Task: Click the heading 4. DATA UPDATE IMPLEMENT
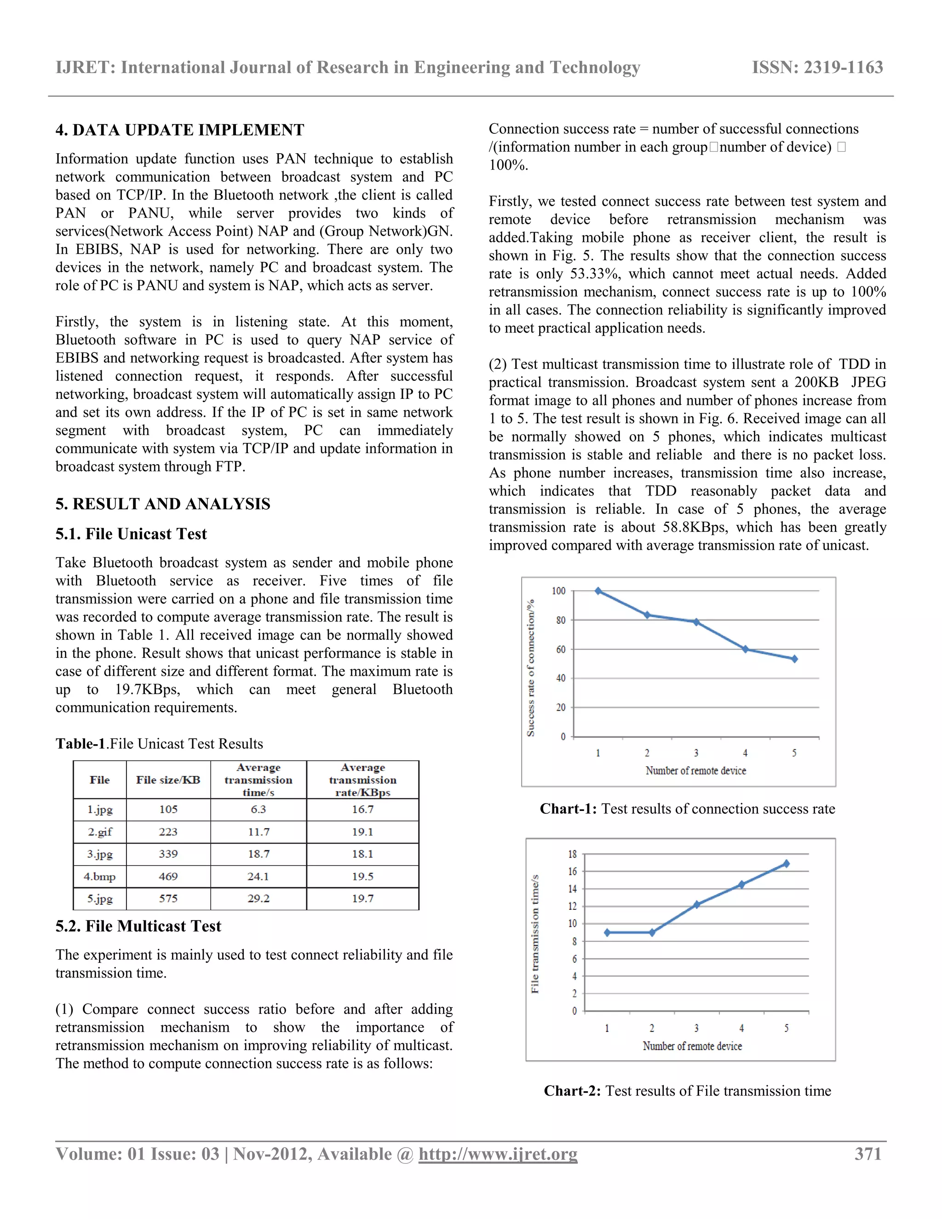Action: pos(180,130)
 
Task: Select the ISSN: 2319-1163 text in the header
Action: pos(817,68)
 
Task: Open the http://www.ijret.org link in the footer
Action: pos(498,1154)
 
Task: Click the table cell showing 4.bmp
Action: pos(100,876)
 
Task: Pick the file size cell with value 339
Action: pos(168,854)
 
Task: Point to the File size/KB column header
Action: pos(168,780)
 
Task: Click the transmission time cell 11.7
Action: pos(258,832)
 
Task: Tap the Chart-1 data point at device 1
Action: pos(598,591)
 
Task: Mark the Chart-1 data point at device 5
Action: pos(794,659)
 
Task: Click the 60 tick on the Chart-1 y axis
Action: pos(560,650)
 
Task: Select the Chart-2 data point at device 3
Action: pos(696,905)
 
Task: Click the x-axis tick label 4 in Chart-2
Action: pos(741,1028)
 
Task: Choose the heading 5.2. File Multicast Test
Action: pos(138,926)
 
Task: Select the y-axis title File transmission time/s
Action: pos(534,934)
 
